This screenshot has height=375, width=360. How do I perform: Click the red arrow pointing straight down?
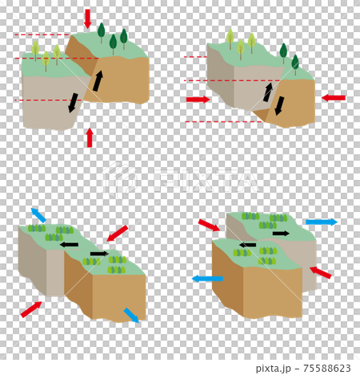click(x=87, y=18)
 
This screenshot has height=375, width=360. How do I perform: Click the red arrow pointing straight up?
click(x=90, y=138)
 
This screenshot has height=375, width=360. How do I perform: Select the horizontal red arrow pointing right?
click(x=198, y=99)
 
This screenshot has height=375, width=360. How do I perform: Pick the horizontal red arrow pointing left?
click(x=334, y=98)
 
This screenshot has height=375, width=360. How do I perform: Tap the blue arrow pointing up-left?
click(x=38, y=215)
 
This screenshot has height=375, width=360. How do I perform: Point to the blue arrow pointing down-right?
click(x=131, y=315)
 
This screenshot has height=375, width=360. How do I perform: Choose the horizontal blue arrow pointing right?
click(x=322, y=221)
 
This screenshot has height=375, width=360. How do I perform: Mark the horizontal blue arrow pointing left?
click(x=207, y=279)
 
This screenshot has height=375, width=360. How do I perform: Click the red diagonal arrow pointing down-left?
click(x=118, y=233)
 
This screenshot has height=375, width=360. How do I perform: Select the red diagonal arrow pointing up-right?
click(x=31, y=309)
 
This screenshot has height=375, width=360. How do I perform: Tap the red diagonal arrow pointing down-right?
click(x=209, y=225)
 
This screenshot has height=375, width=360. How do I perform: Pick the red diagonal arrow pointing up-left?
click(x=320, y=273)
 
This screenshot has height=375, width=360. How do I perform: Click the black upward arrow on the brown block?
click(x=98, y=81)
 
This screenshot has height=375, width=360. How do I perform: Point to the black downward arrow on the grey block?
click(x=73, y=102)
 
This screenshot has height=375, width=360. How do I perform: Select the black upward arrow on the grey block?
click(x=268, y=92)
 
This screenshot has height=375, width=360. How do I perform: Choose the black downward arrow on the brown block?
click(x=279, y=106)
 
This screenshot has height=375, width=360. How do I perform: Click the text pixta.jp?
click(x=273, y=369)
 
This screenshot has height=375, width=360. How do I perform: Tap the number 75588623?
click(x=327, y=368)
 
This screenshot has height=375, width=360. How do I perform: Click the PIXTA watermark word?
click(x=207, y=182)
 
